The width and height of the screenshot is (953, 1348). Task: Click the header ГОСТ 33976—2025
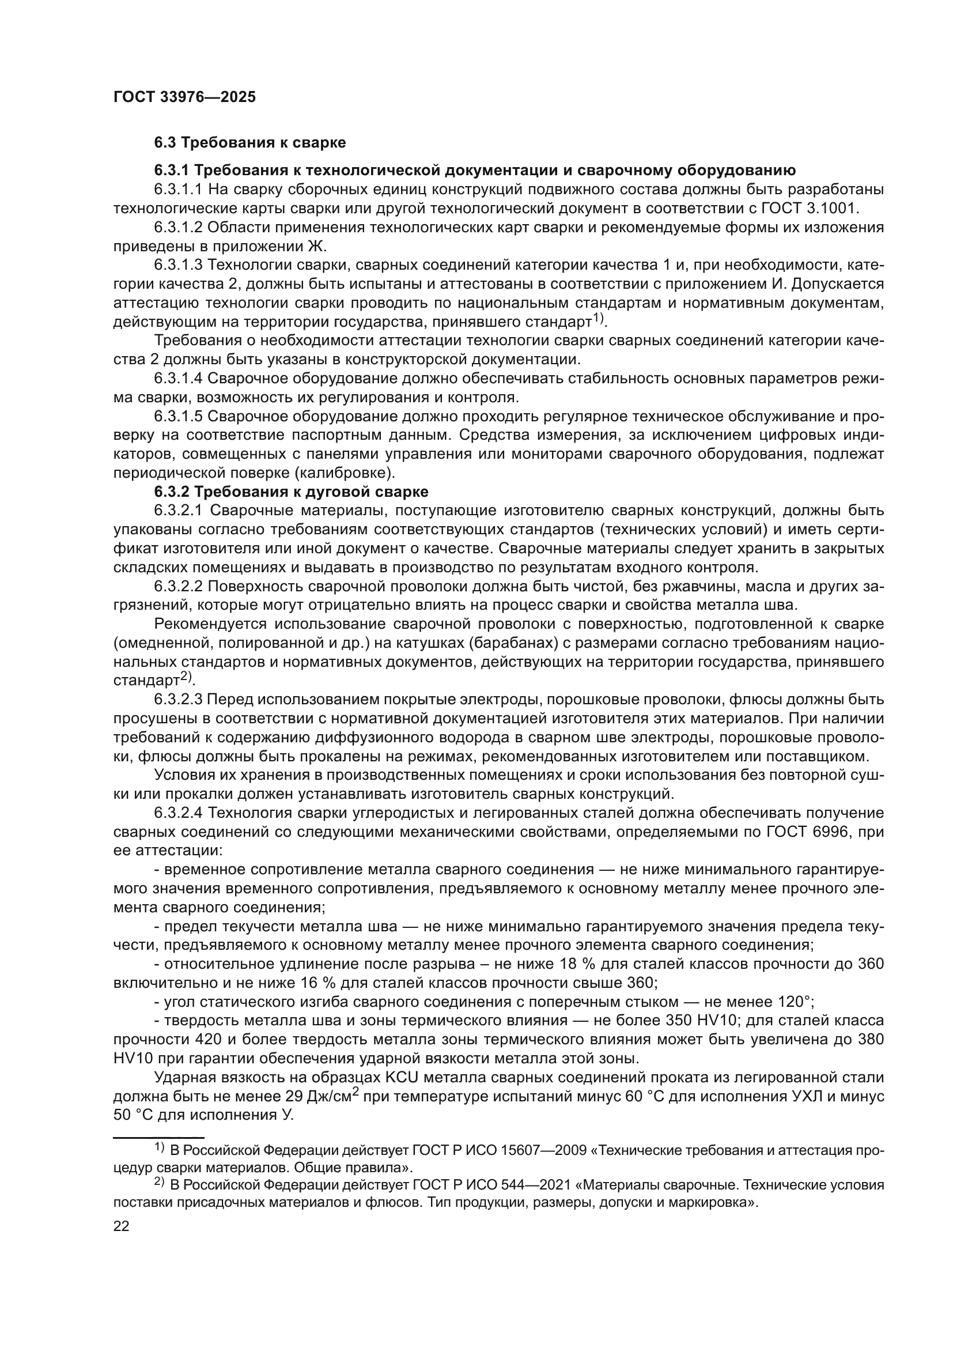[x=184, y=97]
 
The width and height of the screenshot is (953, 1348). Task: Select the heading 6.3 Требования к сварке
[x=250, y=143]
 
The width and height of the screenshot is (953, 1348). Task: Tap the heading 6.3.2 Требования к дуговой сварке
[x=291, y=492]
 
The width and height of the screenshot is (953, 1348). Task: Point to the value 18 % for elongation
[x=574, y=964]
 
